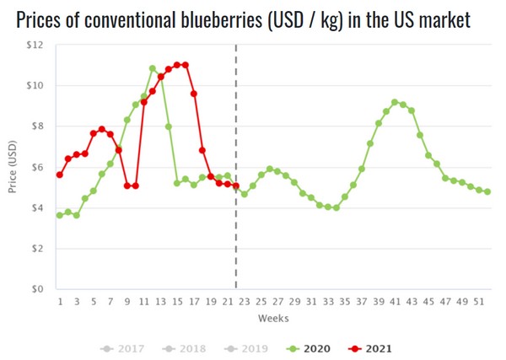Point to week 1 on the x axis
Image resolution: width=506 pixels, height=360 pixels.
(x=60, y=301)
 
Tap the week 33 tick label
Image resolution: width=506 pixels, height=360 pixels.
(x=328, y=301)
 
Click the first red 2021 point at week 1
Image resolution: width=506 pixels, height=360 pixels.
(x=60, y=175)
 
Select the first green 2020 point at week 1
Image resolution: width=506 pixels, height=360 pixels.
(x=60, y=215)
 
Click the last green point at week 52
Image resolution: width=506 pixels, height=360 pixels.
(x=487, y=191)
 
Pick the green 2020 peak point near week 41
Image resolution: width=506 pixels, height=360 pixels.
(x=395, y=102)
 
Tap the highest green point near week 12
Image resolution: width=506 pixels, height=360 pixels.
(x=153, y=68)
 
